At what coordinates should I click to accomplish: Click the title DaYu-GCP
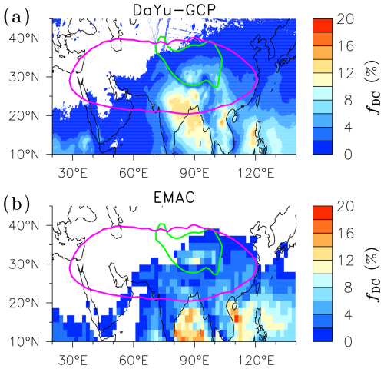click(174, 11)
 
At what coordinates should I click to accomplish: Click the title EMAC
click(174, 198)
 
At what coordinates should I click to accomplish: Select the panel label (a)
click(16, 17)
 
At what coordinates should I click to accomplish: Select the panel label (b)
click(16, 204)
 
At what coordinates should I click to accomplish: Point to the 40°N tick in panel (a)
click(25, 38)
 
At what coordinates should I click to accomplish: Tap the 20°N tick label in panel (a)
click(25, 116)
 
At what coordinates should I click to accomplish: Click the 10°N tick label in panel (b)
click(25, 341)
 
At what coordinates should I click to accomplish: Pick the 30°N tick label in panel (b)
click(25, 264)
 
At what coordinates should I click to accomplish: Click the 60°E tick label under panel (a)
click(134, 173)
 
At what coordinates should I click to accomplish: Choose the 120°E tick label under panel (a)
click(256, 173)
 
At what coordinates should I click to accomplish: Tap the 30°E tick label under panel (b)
click(73, 361)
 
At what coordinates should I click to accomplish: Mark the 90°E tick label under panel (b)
click(194, 361)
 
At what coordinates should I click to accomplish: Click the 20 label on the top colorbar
click(345, 19)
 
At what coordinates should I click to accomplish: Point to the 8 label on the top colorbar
click(348, 100)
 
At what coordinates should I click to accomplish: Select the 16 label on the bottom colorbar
click(345, 234)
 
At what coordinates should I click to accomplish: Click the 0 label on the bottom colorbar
click(348, 341)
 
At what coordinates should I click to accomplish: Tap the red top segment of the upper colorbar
click(323, 25)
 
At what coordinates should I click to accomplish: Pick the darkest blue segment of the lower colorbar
click(323, 334)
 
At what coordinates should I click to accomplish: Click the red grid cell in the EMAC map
click(237, 319)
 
